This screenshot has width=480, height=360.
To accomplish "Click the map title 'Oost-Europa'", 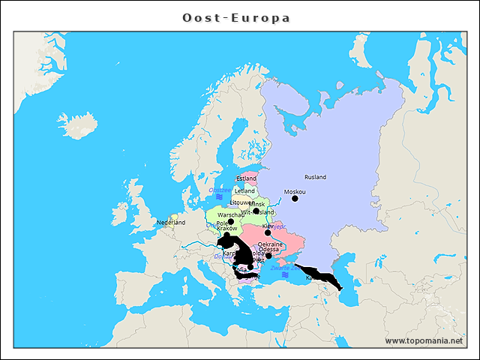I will tap(236, 17).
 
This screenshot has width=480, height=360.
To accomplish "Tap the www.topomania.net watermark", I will tap(424, 340).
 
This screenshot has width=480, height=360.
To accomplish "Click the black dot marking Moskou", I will tap(295, 199).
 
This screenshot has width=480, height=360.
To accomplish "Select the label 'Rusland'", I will tap(315, 177).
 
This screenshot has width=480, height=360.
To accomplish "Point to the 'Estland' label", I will tap(246, 178).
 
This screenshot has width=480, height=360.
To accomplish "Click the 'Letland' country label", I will tap(245, 190).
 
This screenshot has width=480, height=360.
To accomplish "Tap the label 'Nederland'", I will tap(170, 223).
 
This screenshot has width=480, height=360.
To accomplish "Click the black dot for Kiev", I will tap(268, 232).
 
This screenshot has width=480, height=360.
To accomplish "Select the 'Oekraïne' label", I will tap(270, 244).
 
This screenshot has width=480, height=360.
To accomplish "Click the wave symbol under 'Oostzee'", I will tap(219, 197).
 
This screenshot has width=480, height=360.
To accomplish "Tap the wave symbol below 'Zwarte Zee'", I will tap(285, 275).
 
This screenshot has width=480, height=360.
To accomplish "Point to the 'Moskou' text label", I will tap(295, 191).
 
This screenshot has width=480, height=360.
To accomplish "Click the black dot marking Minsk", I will tap(256, 211).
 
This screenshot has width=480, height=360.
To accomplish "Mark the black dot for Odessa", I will tap(268, 256).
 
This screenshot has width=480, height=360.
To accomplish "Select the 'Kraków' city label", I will tap(226, 228).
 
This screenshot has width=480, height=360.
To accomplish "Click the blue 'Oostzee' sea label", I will tap(220, 190).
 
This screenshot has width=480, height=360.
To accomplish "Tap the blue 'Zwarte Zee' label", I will tap(285, 268).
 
